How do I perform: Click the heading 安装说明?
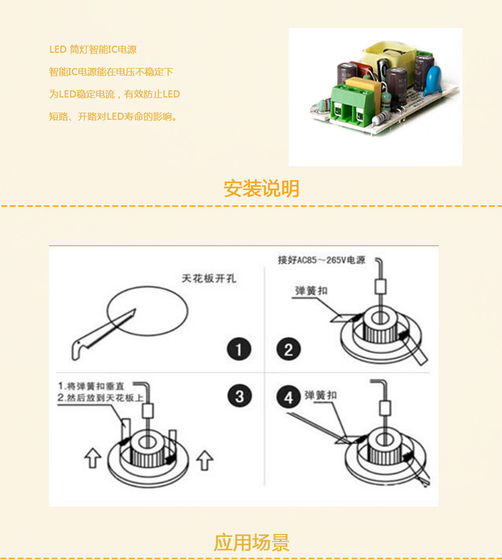click(x=261, y=189)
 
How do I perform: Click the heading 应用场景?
click(x=251, y=543)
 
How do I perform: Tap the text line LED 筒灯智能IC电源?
click(x=93, y=49)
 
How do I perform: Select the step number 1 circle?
click(x=239, y=349)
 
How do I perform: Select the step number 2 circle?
click(x=288, y=349)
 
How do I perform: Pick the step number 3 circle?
click(x=239, y=397)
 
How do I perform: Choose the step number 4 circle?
click(x=288, y=398)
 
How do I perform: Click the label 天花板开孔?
click(x=209, y=278)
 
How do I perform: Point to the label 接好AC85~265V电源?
click(x=321, y=260)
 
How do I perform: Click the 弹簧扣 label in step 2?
click(x=311, y=291)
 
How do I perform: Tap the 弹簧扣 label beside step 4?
click(x=320, y=395)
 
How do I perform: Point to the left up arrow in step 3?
click(x=93, y=458)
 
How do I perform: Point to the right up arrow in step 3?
click(x=204, y=460)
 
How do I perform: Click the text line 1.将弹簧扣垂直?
click(x=91, y=386)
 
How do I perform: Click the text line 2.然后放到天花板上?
click(x=100, y=398)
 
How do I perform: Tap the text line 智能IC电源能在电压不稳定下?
click(x=111, y=72)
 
